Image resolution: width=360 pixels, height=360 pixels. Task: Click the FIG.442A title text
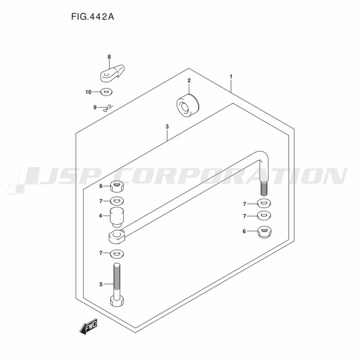[93, 17]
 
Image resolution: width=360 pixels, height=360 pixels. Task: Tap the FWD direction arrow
[89, 326]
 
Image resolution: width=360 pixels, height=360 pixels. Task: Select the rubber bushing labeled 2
[188, 105]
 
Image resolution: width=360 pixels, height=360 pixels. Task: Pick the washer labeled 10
[106, 92]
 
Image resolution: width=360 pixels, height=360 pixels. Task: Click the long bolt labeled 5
[117, 285]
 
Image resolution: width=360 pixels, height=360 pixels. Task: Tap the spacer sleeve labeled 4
[117, 217]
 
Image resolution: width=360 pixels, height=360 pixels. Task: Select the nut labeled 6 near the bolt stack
[117, 186]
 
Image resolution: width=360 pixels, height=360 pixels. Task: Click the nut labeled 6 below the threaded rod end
[264, 232]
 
